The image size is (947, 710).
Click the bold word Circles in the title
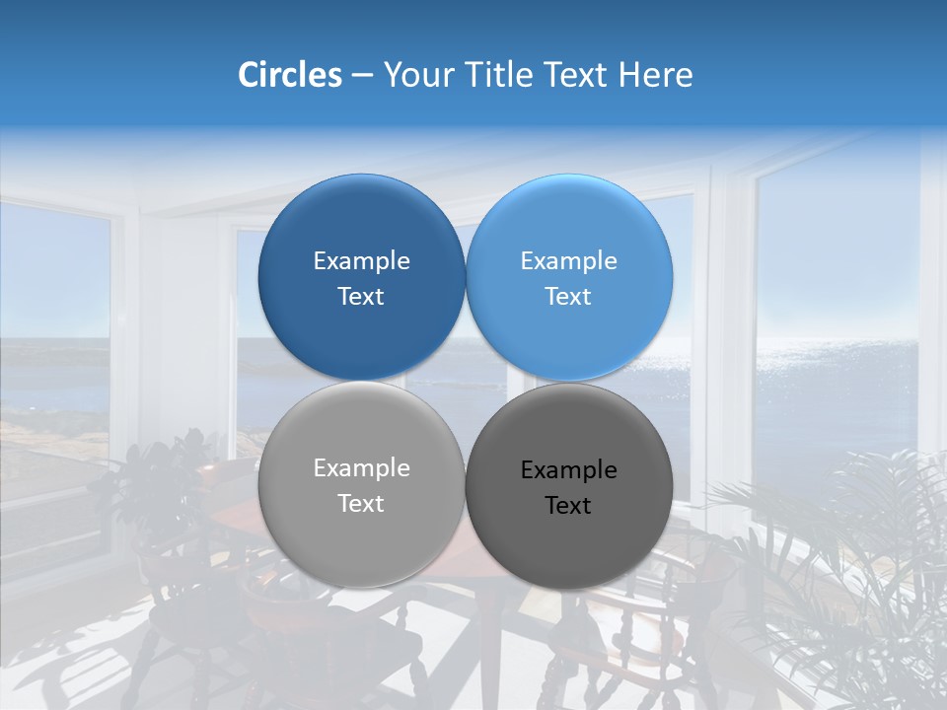(289, 75)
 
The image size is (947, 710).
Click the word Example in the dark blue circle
(361, 261)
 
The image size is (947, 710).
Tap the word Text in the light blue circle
(568, 297)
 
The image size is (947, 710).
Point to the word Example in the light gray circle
(361, 468)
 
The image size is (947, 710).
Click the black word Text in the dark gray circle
(568, 506)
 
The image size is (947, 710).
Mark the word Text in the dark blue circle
(361, 297)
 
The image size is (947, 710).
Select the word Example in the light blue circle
(568, 261)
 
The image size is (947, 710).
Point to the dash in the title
(362, 75)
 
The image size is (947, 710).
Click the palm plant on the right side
(848, 552)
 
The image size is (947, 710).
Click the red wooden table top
(247, 523)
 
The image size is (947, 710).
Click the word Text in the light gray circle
(361, 504)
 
